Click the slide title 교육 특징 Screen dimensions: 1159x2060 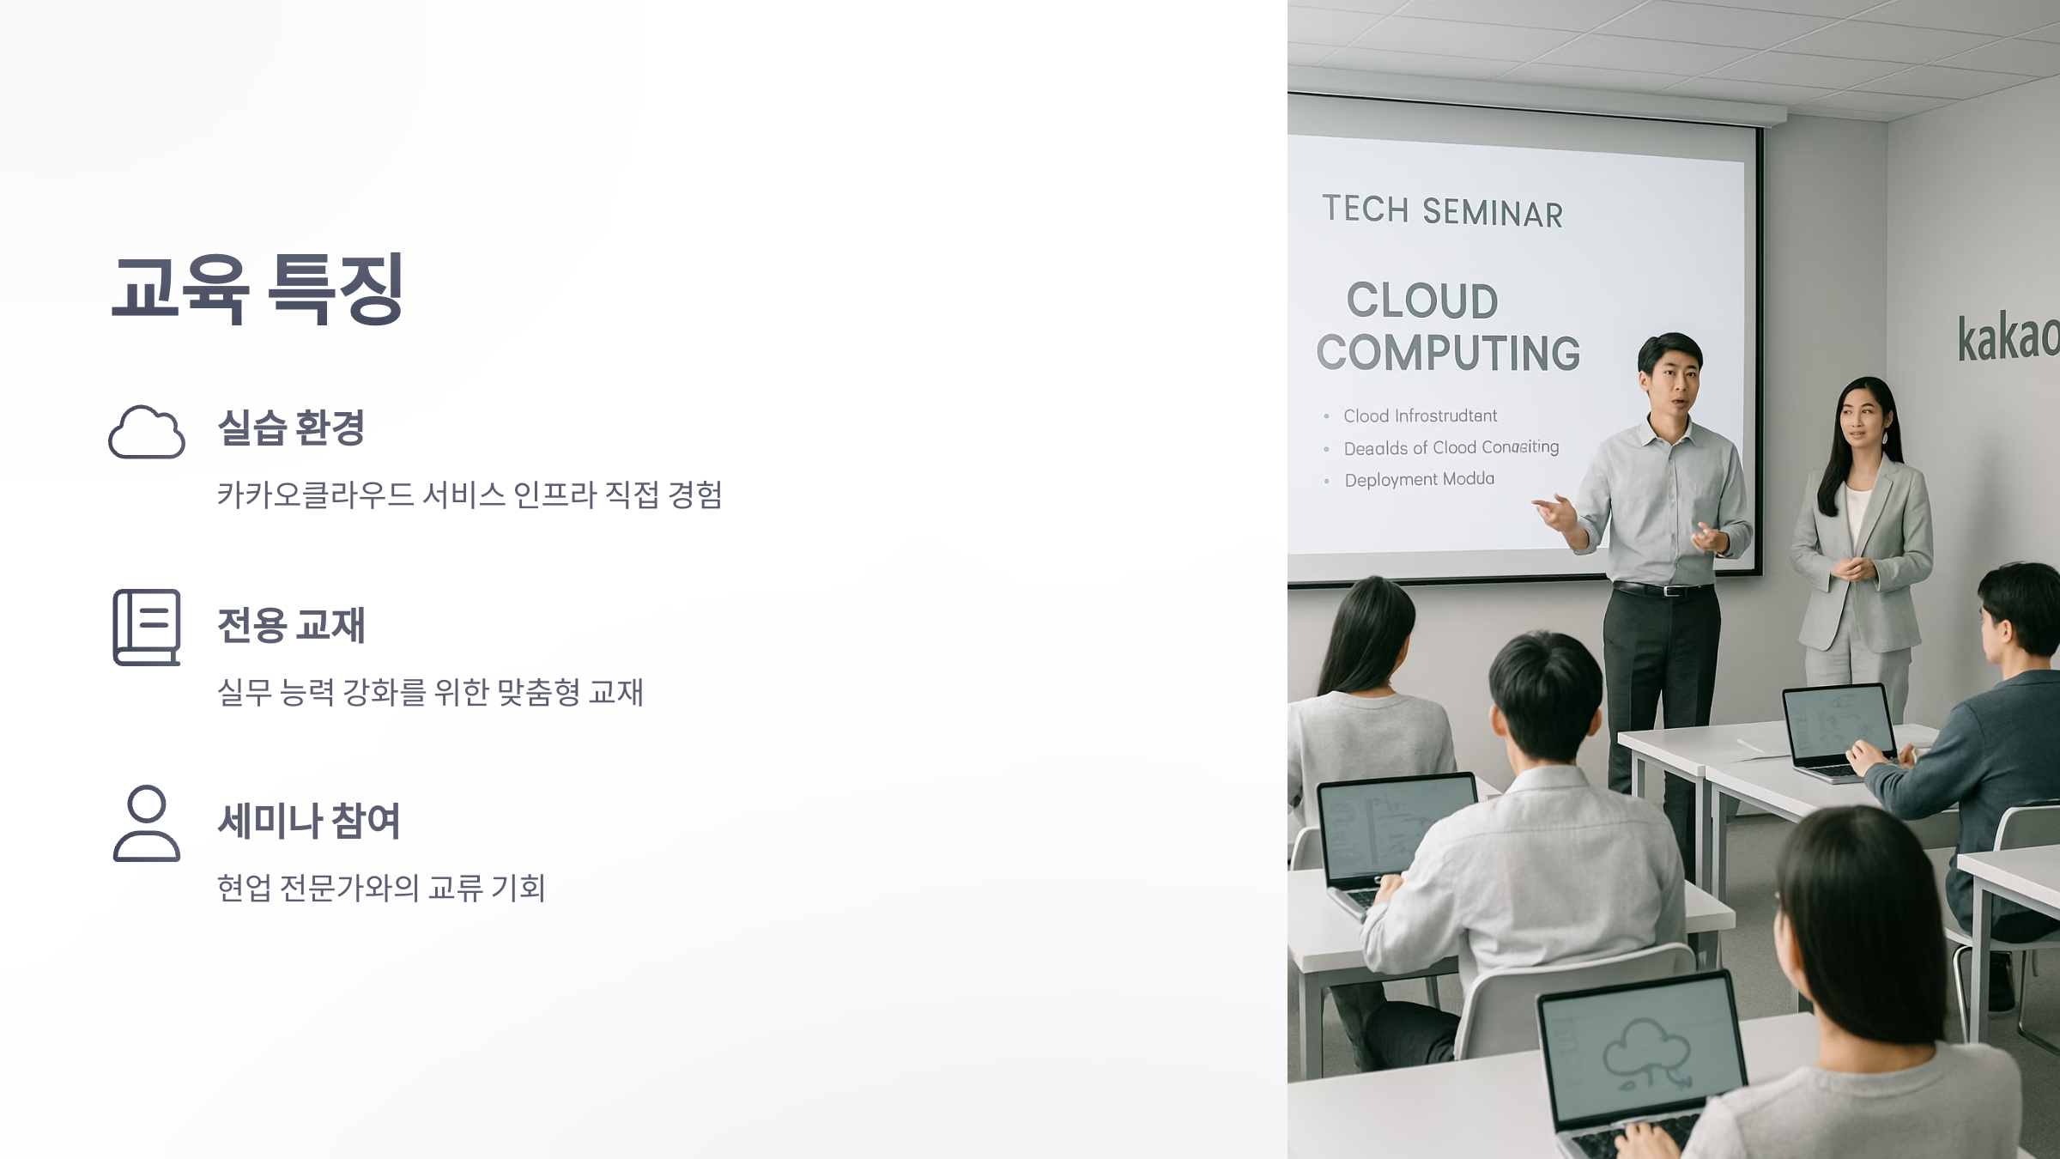pyautogui.click(x=257, y=288)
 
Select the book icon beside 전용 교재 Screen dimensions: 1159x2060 pyautogui.click(x=147, y=627)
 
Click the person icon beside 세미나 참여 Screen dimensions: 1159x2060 pyautogui.click(x=147, y=822)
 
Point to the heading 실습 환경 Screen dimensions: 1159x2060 pyautogui.click(x=292, y=428)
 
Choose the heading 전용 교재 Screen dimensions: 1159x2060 pyautogui.click(x=292, y=624)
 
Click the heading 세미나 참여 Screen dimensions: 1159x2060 pyautogui.click(x=309, y=821)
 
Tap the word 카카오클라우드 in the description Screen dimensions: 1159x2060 pyautogui.click(x=316, y=495)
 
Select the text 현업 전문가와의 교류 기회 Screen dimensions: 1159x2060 pyautogui.click(x=381, y=888)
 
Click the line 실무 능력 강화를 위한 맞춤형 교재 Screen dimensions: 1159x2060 pyautogui.click(x=430, y=692)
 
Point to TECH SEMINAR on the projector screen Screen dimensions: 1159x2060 pyautogui.click(x=1442, y=211)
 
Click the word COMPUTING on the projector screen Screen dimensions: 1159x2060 pyautogui.click(x=1448, y=353)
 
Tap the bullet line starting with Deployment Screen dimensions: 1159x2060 pyautogui.click(x=1419, y=480)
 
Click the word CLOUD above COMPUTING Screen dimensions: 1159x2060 pyautogui.click(x=1422, y=300)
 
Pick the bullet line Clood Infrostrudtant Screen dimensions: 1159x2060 pyautogui.click(x=1420, y=416)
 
